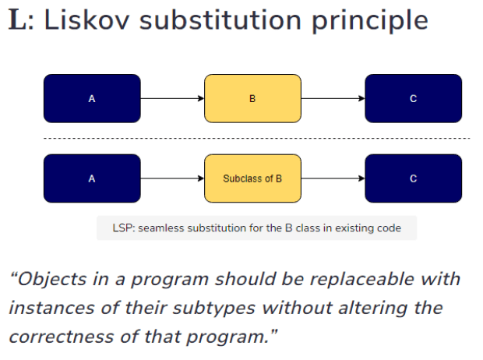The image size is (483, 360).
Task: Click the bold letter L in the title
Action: coord(18,20)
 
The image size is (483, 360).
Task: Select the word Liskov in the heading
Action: coord(87,20)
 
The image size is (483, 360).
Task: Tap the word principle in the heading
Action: coord(369,22)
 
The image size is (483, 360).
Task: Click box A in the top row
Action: coord(92,98)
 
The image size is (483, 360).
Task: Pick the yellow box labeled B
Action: coord(252,98)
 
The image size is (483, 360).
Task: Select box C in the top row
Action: coord(414,98)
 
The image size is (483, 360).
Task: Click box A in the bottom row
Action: coord(92,178)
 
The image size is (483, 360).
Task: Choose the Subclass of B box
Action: coord(252,178)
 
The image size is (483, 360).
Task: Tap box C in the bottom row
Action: coord(414,178)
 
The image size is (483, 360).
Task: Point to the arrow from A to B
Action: coord(172,98)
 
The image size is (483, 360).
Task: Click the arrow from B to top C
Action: coord(333,98)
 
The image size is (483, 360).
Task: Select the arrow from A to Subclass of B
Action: coord(172,178)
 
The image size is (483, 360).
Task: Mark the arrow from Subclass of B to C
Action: coord(333,178)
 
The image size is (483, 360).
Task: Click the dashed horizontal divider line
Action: coord(257,139)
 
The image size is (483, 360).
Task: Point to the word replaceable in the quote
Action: coord(361,279)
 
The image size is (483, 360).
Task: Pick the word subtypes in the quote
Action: coord(214,309)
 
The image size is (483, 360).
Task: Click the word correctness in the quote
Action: coord(62,337)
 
